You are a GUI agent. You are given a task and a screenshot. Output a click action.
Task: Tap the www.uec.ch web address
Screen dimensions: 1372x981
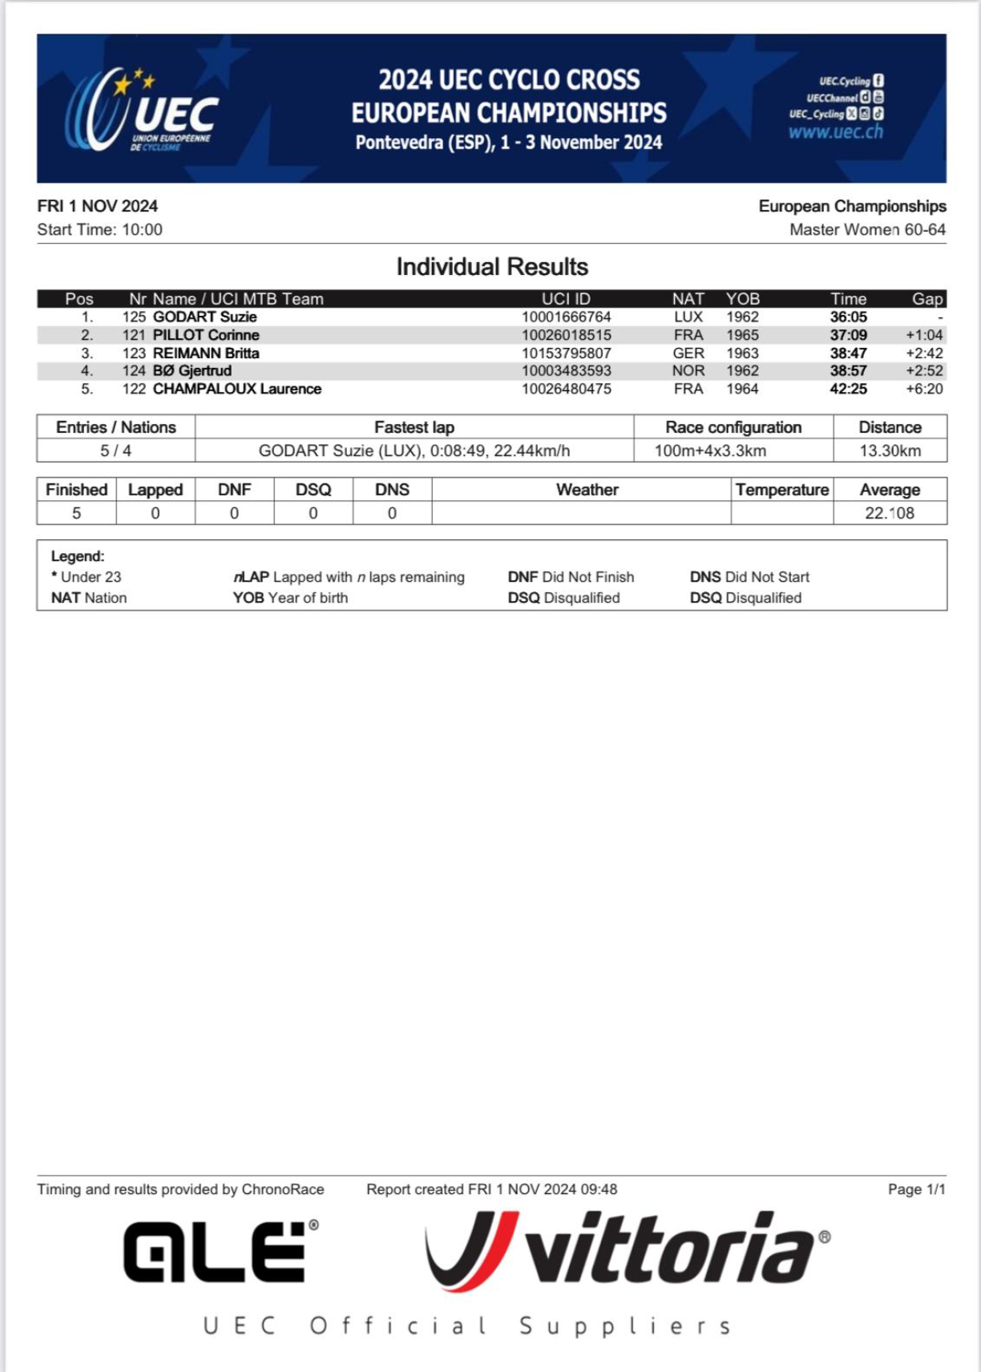pos(835,132)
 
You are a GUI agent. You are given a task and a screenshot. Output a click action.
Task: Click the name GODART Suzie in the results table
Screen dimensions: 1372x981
pos(204,317)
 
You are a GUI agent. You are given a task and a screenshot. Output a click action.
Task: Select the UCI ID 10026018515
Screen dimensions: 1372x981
pos(566,335)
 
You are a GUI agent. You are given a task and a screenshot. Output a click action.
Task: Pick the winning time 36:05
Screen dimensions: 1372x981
pos(848,317)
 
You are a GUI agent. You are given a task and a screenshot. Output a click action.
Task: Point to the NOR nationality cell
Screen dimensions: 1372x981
pos(688,371)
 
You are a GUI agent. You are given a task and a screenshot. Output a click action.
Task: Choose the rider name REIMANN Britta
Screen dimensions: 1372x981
pos(206,353)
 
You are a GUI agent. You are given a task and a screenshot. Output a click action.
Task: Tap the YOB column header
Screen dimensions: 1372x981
pos(742,299)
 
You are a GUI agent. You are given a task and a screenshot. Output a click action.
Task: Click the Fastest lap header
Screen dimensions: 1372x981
pos(414,427)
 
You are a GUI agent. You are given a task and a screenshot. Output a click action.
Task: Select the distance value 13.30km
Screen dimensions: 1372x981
pos(890,450)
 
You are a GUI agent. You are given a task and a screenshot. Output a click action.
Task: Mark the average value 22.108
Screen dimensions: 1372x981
pos(889,513)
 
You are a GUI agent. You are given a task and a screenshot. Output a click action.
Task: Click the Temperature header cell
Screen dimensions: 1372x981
pos(781,490)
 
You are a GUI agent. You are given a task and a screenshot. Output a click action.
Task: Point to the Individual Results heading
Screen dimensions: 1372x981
pos(492,267)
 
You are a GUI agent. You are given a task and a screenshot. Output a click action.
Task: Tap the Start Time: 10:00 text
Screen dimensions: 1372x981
pos(99,230)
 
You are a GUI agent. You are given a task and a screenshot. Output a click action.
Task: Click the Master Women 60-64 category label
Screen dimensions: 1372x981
pos(867,230)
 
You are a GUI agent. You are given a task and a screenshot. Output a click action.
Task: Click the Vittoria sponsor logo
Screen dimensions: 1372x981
pos(627,1252)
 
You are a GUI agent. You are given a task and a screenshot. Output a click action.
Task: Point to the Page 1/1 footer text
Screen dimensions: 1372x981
pos(916,1189)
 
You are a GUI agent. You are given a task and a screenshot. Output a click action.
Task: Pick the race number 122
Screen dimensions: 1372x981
pos(134,389)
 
